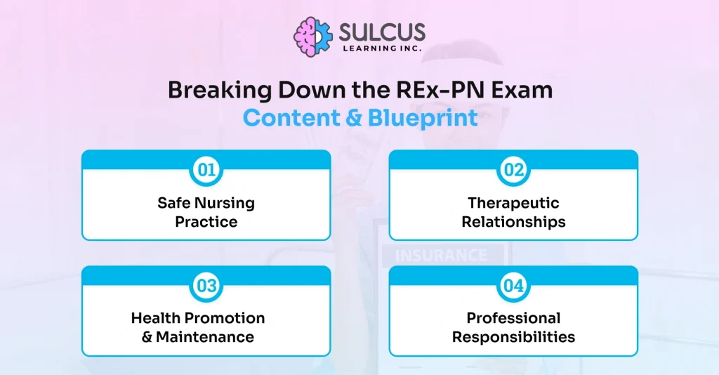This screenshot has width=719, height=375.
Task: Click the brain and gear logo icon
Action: [313, 37]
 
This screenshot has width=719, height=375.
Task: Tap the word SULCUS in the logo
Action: [382, 32]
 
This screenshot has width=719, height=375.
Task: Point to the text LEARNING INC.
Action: [382, 48]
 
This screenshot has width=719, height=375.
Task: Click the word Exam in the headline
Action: [522, 90]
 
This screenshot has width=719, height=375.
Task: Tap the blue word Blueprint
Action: [423, 118]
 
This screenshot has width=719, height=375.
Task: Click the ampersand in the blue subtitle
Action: [354, 118]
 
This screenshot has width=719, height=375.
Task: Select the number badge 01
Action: [206, 170]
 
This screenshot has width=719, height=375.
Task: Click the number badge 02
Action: [513, 170]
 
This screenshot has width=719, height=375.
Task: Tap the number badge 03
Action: [206, 286]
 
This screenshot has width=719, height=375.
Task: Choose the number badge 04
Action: [513, 286]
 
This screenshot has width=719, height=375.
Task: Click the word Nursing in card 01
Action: [224, 203]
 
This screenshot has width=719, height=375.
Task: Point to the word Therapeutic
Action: [513, 203]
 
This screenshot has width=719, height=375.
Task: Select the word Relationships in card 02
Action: [513, 222]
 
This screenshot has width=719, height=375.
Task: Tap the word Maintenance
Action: [205, 337]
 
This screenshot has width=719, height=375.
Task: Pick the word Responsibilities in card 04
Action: [513, 337]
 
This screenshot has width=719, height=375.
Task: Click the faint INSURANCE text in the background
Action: [441, 256]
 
